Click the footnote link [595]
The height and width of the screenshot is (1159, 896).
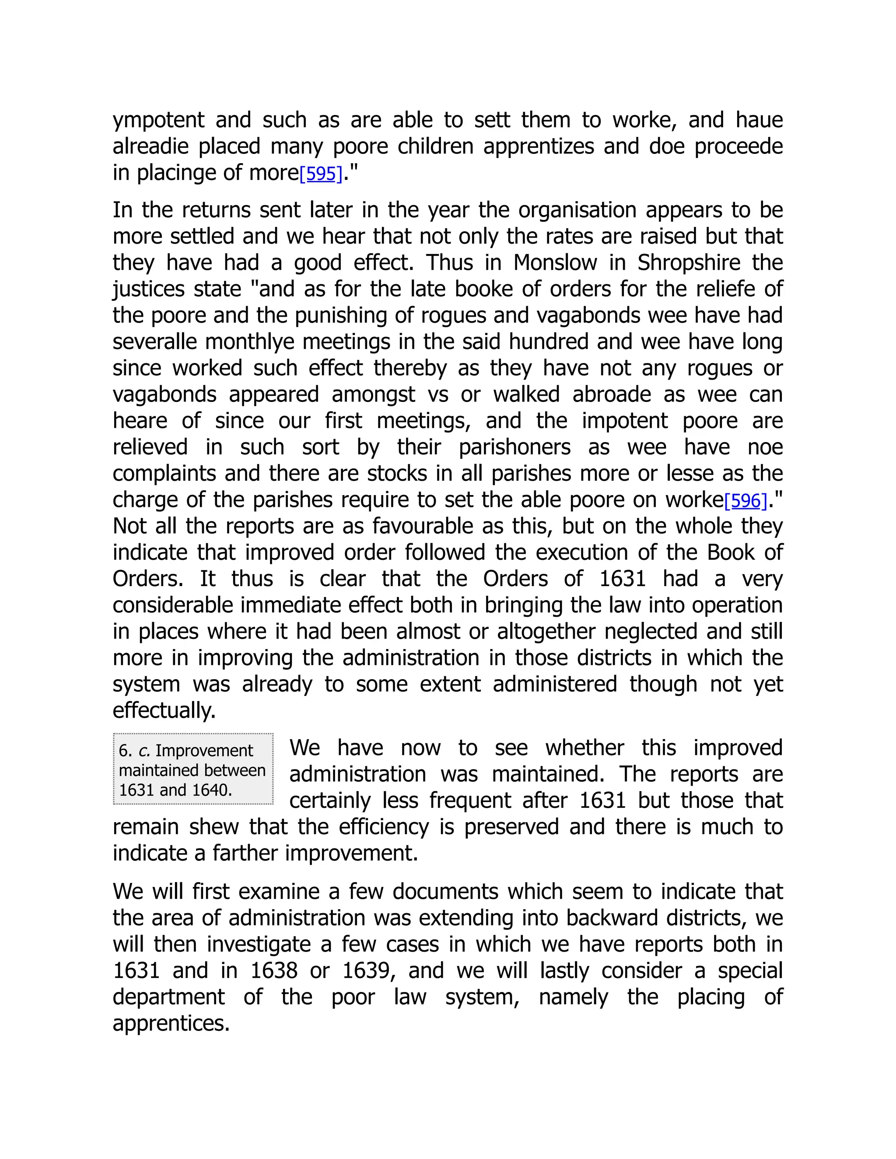(321, 174)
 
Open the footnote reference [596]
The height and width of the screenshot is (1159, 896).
(746, 500)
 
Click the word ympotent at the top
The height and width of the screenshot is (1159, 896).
(158, 120)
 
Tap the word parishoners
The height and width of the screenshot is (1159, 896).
(514, 447)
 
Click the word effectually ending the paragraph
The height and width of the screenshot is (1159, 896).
(164, 711)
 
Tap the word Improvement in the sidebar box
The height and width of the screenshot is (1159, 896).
(204, 751)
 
